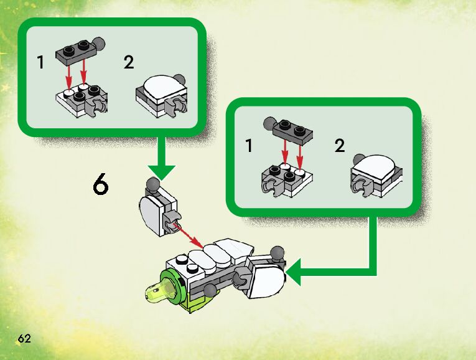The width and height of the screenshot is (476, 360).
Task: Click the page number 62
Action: pyautogui.click(x=24, y=339)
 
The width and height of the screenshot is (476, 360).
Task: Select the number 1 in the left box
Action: pyautogui.click(x=41, y=63)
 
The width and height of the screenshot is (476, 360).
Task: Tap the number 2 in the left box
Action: pyautogui.click(x=129, y=63)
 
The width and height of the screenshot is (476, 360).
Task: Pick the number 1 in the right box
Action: pyautogui.click(x=249, y=147)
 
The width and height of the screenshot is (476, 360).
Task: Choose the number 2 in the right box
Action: pyautogui.click(x=339, y=146)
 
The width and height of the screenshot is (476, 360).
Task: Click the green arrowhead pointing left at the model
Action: pyautogui.click(x=298, y=271)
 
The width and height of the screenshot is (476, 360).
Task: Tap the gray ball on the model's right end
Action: pyautogui.click(x=277, y=253)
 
